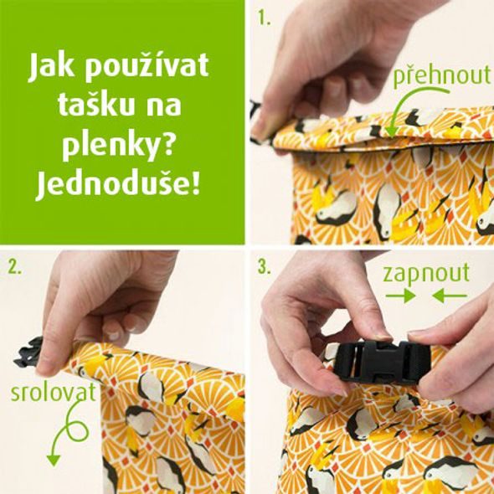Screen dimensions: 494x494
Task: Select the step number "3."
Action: tap(265, 267)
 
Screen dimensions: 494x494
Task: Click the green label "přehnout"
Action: tap(440, 75)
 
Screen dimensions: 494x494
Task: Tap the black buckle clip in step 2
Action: tap(28, 352)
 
